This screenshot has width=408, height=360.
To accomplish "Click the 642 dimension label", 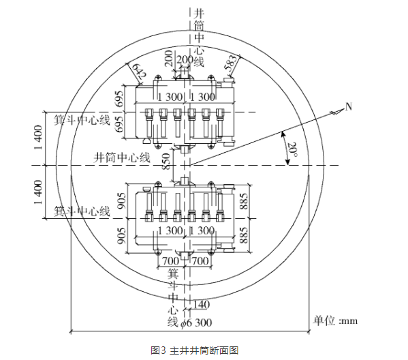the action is pyautogui.click(x=139, y=72).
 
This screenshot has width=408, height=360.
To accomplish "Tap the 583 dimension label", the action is pyautogui.click(x=231, y=63).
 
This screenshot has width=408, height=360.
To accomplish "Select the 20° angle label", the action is pyautogui.click(x=292, y=149).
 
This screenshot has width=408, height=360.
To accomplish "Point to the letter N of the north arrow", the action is pyautogui.click(x=349, y=106).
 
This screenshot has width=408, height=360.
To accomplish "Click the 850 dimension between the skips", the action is pyautogui.click(x=166, y=161).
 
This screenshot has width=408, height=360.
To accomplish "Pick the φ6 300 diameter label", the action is pyautogui.click(x=196, y=322).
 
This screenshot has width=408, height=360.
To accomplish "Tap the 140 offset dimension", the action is pyautogui.click(x=202, y=305).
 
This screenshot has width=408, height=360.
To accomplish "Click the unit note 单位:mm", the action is pyautogui.click(x=335, y=320).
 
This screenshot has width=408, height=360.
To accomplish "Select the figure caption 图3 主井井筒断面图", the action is pyautogui.click(x=195, y=350).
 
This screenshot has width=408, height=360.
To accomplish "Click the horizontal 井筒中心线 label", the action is pyautogui.click(x=122, y=157).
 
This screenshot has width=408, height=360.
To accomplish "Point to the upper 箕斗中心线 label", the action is pyautogui.click(x=82, y=121).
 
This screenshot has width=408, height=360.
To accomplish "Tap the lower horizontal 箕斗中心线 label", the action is pyautogui.click(x=82, y=211).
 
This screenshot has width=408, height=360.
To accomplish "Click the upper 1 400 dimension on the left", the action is pyautogui.click(x=38, y=137).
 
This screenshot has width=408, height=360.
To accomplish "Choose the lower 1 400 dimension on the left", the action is pyautogui.click(x=38, y=192).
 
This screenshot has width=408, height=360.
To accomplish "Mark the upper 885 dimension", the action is pyautogui.click(x=244, y=201).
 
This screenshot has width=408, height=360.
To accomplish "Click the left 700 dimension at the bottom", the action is pyautogui.click(x=171, y=260).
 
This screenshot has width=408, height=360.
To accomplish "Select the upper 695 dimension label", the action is pyautogui.click(x=120, y=99).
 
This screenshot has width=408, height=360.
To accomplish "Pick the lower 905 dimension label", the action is pyautogui.click(x=121, y=236).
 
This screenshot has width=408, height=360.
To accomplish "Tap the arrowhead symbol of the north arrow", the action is pyautogui.click(x=336, y=112).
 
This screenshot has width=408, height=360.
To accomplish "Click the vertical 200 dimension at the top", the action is pyautogui.click(x=169, y=59).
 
